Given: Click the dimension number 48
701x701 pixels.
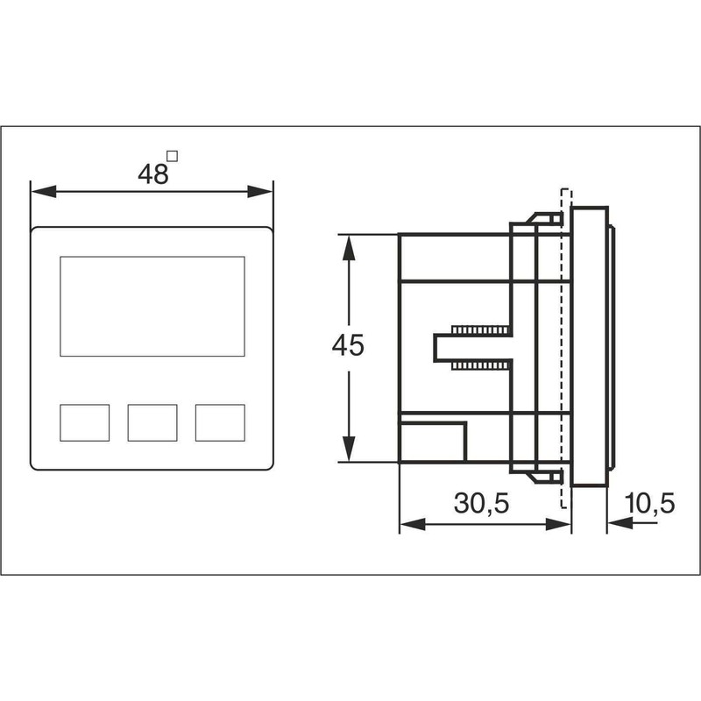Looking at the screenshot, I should pyautogui.click(x=152, y=174).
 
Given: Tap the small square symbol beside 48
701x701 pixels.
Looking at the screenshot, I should pyautogui.click(x=173, y=157).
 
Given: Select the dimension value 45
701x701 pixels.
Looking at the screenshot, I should pyautogui.click(x=348, y=346).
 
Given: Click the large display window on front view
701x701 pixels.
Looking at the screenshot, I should pyautogui.click(x=152, y=306).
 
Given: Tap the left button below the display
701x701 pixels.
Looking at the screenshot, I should pyautogui.click(x=84, y=422).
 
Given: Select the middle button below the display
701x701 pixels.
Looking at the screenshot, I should pyautogui.click(x=152, y=422).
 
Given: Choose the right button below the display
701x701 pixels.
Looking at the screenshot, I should pyautogui.click(x=220, y=422).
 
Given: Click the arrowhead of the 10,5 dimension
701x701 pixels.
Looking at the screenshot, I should pyautogui.click(x=618, y=524).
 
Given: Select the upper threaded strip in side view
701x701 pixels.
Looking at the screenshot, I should pyautogui.click(x=480, y=330).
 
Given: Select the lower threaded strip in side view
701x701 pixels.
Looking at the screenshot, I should pyautogui.click(x=480, y=364).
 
